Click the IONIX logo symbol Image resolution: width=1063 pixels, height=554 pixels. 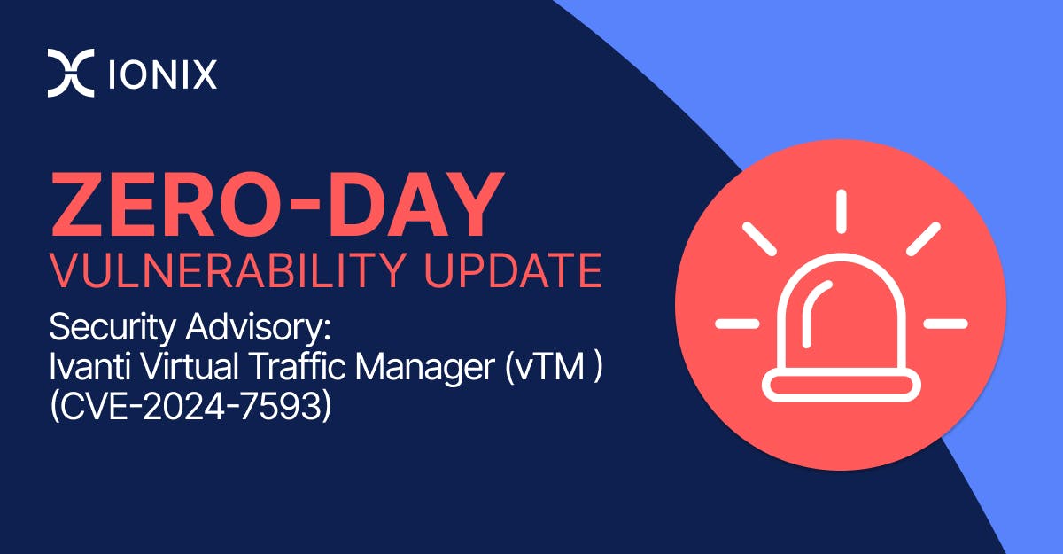tap(70, 74)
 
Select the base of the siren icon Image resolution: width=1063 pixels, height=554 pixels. tap(840, 384)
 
